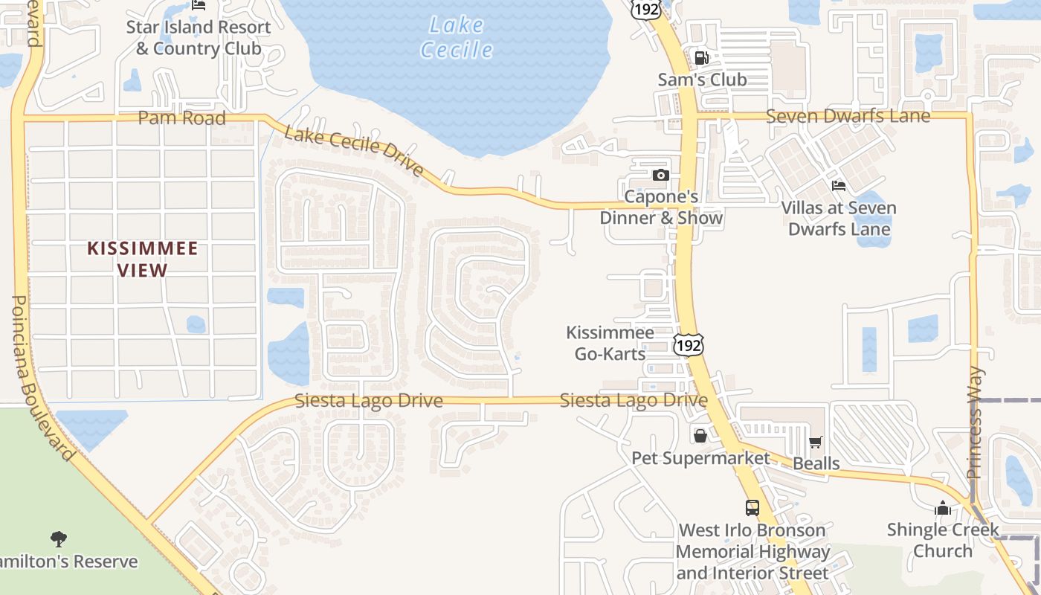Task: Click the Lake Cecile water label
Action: (456, 37)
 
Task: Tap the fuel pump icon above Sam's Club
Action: (701, 57)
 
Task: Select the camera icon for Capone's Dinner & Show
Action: (660, 176)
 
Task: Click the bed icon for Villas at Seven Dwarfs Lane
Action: (839, 185)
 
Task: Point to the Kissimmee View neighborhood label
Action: (143, 259)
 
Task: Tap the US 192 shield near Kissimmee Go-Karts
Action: (689, 344)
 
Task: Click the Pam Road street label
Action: (181, 118)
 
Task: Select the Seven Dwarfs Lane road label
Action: (848, 116)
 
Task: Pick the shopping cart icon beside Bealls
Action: (815, 443)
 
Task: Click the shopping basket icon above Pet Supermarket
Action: (700, 436)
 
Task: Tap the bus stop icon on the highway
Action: (752, 508)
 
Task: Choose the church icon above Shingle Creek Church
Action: (943, 508)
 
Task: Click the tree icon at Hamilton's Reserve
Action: (59, 538)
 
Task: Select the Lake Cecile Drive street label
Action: (354, 152)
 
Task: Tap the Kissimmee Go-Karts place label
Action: (610, 343)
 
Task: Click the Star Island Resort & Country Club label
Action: (199, 38)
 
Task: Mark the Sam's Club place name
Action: (702, 80)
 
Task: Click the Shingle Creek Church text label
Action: (943, 541)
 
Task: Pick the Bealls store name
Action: (816, 463)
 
